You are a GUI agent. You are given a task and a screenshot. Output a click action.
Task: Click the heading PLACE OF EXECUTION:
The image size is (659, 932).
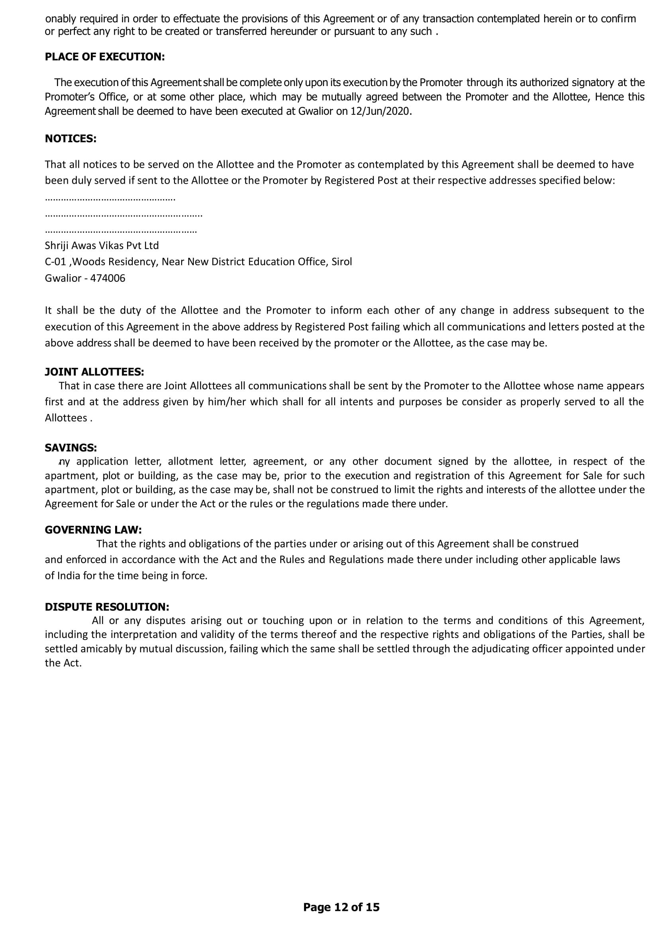tap(105, 57)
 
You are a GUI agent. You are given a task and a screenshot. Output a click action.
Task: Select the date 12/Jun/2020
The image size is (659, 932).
tap(380, 112)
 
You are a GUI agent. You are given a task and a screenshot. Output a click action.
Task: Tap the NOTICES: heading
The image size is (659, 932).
tap(71, 139)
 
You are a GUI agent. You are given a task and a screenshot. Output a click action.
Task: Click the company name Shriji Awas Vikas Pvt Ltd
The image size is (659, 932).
tap(102, 245)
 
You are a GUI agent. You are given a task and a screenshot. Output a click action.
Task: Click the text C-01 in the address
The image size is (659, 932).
tap(55, 262)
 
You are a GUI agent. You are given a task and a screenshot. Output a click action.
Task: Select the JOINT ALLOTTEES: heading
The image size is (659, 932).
tap(94, 372)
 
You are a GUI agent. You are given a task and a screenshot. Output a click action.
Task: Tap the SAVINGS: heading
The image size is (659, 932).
tap(71, 448)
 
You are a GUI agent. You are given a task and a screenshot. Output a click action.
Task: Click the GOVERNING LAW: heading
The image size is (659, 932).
tap(93, 530)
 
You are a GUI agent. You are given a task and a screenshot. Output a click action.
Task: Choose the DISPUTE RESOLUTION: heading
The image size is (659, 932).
tap(107, 607)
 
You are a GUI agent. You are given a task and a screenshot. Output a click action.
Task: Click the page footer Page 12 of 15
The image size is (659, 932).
tap(341, 907)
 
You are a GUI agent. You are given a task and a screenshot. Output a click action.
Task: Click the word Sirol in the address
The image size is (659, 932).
tap(342, 262)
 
